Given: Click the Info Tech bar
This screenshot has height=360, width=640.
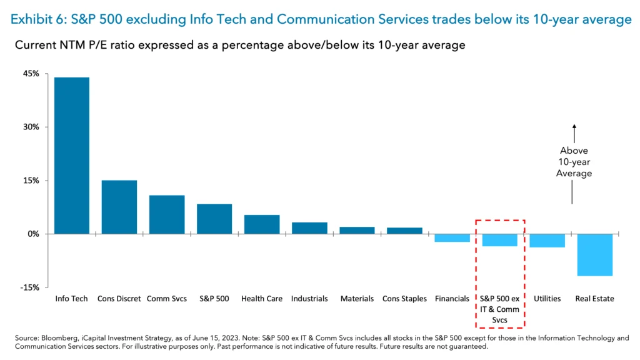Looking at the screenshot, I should point(71,155).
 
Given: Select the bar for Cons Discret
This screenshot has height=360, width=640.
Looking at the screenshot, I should point(119,207).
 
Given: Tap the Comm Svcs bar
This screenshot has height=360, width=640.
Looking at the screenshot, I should point(166,214).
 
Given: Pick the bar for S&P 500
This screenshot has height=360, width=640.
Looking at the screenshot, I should point(214,219).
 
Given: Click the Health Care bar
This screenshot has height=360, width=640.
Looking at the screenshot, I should point(261,224).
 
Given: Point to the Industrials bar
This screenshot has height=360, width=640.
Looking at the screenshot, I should point(309,228).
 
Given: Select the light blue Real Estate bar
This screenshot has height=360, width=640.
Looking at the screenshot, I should point(594,254).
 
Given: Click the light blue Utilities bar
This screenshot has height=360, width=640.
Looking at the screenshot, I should point(547,241).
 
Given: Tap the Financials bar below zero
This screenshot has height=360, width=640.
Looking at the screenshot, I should point(452,238).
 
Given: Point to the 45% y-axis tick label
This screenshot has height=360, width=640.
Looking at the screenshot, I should point(31,74).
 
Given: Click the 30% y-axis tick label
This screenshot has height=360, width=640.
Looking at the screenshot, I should point(31,127).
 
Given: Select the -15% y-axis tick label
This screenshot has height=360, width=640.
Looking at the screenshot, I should point(30,287).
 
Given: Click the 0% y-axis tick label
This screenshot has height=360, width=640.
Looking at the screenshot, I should point(33,234).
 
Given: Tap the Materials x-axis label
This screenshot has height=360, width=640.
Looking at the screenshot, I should point(357,299).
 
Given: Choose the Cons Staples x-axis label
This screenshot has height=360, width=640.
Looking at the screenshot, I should point(404,299).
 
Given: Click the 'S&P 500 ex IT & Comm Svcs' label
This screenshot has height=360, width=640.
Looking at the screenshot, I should point(499,309).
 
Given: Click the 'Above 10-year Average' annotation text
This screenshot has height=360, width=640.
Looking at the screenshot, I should point(574,162).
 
